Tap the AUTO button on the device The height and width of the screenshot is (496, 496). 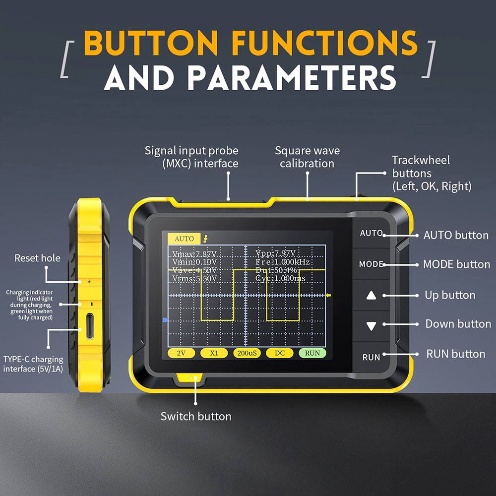click(371, 233)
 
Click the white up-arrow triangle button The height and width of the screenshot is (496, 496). click(372, 296)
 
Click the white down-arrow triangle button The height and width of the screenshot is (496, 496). click(372, 326)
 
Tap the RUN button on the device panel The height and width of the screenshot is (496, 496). click(371, 357)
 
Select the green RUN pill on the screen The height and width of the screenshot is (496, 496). click(312, 353)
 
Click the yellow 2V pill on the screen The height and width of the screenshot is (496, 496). click(182, 353)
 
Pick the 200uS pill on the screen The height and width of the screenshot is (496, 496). click(247, 353)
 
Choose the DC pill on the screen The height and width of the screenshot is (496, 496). click(279, 353)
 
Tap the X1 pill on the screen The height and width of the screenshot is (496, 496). click(214, 353)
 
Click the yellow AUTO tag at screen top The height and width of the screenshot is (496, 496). click(184, 239)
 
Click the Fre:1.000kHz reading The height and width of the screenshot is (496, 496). click(283, 261)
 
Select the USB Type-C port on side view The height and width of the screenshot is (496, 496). click(89, 326)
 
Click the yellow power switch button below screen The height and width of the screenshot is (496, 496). click(189, 378)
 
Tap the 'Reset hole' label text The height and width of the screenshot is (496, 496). click(37, 258)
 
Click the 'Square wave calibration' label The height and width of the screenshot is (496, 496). click(307, 157)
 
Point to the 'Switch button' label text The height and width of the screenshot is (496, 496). click(196, 416)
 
